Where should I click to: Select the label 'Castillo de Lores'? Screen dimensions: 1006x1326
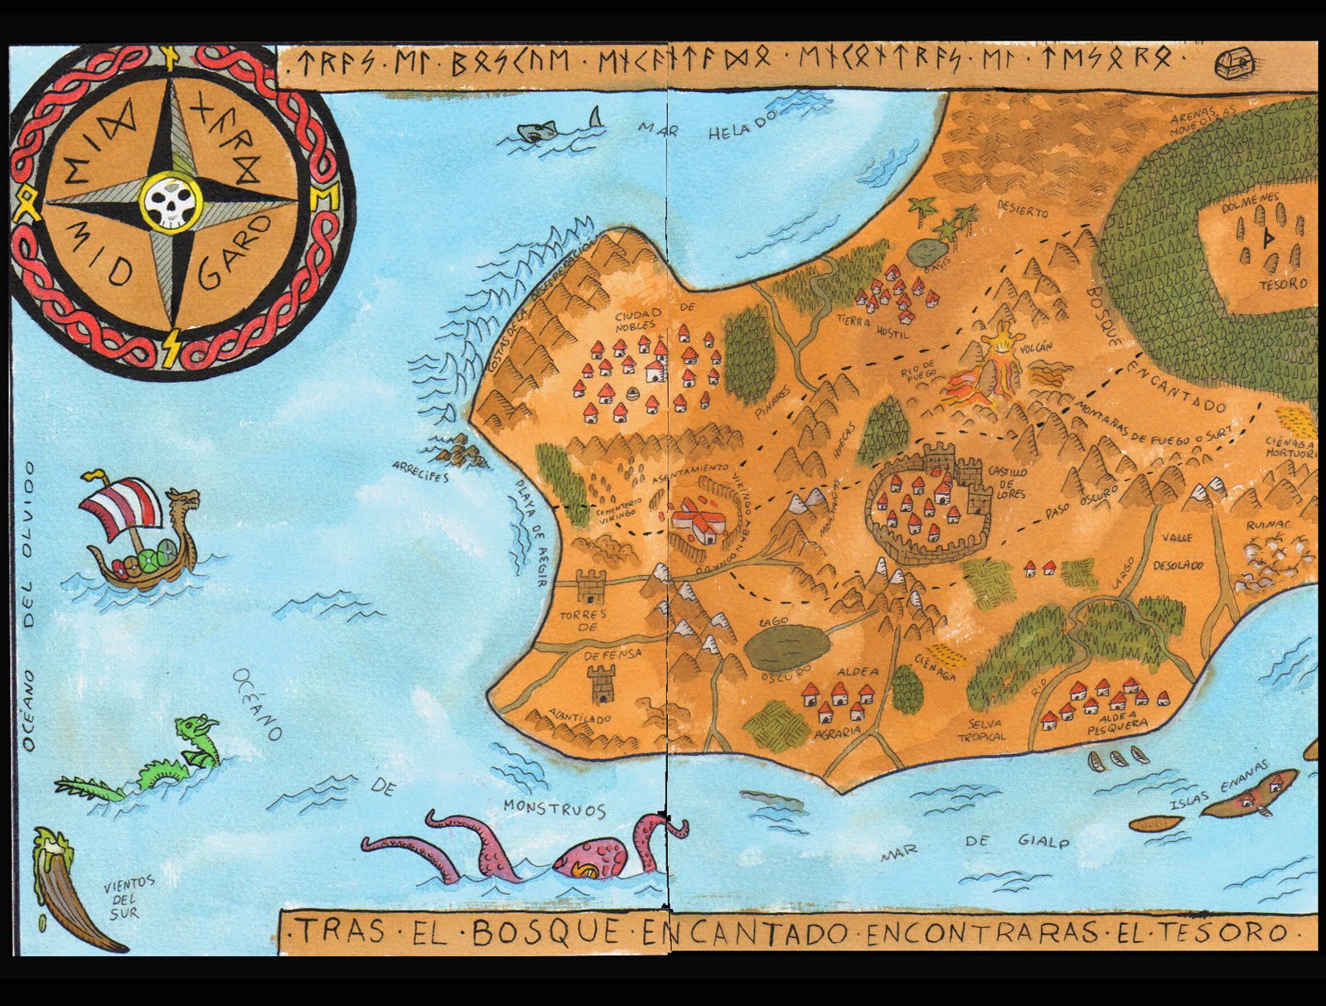[1006, 482]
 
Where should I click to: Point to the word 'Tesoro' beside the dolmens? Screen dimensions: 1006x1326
[1282, 284]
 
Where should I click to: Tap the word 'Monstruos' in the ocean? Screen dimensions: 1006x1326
[554, 809]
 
